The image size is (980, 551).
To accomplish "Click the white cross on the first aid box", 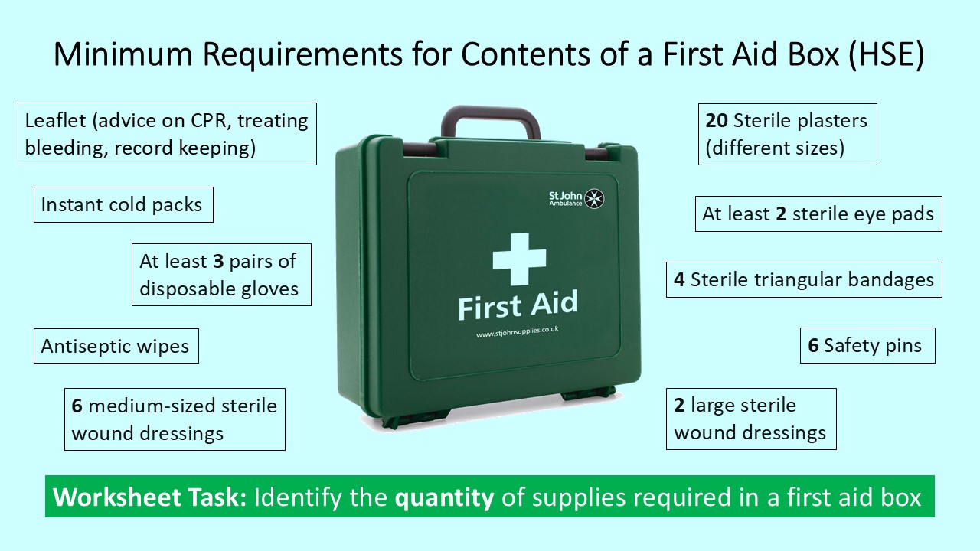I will coord(519,259).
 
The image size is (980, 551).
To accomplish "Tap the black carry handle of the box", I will coord(491,117).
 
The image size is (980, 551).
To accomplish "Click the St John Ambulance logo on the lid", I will coord(577,199).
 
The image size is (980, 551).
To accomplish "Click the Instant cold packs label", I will coord(122,205).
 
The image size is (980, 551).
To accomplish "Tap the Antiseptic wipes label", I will coord(116,346).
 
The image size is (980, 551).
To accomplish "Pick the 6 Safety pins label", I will coord(867,346).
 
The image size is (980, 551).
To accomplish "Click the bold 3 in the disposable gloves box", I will coord(217,261).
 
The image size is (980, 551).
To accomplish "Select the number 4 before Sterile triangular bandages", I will coord(679,279).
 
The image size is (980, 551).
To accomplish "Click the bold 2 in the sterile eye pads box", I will coord(781,214).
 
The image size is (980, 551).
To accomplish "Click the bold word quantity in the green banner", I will coord(444,498).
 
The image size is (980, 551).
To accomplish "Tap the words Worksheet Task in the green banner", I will coord(150,498).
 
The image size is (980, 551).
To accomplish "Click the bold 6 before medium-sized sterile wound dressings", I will coord(77,406).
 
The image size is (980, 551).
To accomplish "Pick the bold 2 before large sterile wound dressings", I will coord(679,406).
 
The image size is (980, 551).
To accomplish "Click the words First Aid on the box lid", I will coord(518,305).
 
